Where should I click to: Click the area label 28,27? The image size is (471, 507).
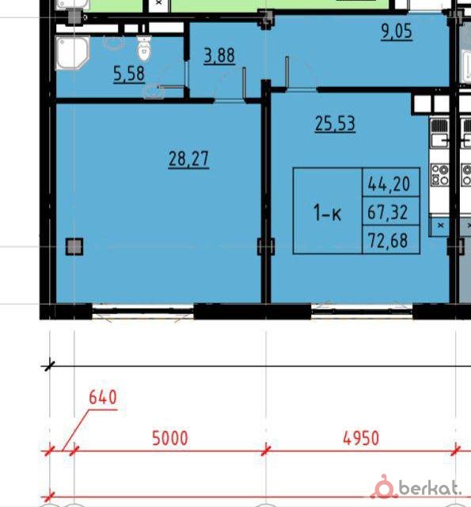188,159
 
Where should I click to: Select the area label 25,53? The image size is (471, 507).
335,123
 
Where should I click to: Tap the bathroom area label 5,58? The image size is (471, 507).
129,74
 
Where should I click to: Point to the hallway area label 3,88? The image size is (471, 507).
219,55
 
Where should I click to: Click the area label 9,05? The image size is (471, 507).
397,32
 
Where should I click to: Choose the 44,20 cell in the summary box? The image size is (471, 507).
391,183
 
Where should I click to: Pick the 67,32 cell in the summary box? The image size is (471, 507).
391,211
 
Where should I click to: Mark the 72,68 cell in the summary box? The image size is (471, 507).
391,240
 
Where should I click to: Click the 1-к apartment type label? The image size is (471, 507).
327,214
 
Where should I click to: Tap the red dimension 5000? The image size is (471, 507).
170,438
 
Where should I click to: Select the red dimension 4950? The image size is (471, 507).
361,438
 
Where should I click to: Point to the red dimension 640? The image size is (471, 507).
103,397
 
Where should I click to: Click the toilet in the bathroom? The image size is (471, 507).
144,48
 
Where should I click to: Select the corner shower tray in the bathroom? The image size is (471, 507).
73,53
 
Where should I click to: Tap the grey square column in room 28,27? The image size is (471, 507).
74,247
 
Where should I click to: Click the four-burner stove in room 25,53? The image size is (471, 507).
439,175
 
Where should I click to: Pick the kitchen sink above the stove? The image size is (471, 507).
439,134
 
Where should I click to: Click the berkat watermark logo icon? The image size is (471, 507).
384,486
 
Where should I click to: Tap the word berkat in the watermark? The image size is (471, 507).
430,488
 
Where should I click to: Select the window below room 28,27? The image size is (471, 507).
143,312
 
